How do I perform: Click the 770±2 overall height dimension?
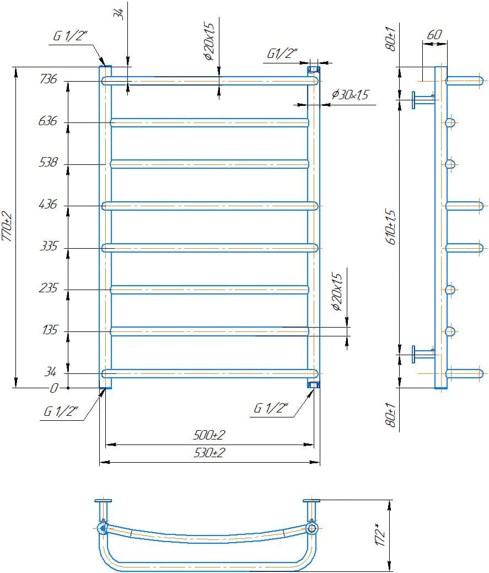[7, 227]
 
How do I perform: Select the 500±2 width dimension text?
[209, 435]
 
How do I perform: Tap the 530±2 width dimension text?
[209, 453]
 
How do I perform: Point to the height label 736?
[49, 78]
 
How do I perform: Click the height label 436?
[48, 204]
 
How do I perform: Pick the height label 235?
[49, 288]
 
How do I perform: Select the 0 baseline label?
[53, 388]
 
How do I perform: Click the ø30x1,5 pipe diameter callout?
[350, 95]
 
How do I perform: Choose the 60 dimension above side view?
[434, 35]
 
